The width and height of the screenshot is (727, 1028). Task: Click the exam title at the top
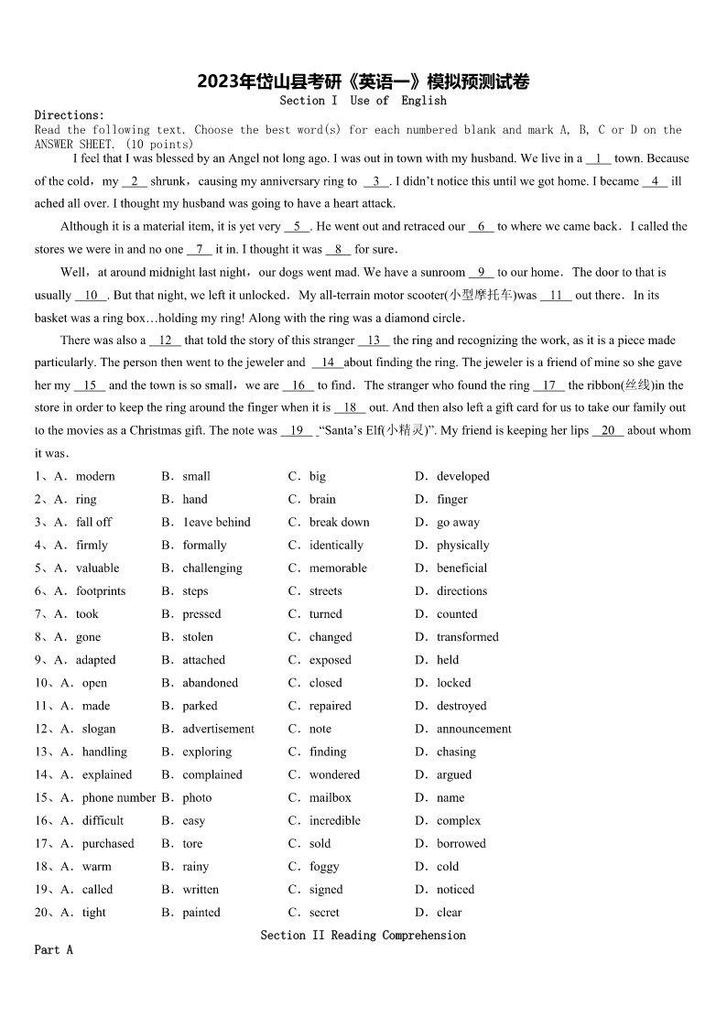pyautogui.click(x=363, y=82)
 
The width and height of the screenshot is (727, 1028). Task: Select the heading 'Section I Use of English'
pyautogui.click(x=363, y=101)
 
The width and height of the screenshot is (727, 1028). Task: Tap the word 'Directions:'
pyautogui.click(x=70, y=115)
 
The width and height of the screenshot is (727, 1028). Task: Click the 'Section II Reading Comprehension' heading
pyautogui.click(x=363, y=936)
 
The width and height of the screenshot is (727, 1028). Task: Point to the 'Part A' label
pyautogui.click(x=53, y=950)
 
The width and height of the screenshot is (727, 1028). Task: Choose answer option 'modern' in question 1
pyautogui.click(x=95, y=477)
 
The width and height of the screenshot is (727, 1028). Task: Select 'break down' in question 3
pyautogui.click(x=340, y=523)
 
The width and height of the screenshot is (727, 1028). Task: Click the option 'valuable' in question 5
pyautogui.click(x=98, y=568)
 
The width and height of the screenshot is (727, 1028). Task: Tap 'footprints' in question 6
pyautogui.click(x=101, y=591)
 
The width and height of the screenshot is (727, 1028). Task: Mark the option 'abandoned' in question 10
pyautogui.click(x=210, y=683)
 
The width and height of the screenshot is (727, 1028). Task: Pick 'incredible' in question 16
pyautogui.click(x=335, y=821)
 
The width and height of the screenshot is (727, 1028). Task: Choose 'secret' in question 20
pyautogui.click(x=324, y=913)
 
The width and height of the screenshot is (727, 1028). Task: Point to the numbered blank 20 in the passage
pyautogui.click(x=608, y=431)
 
